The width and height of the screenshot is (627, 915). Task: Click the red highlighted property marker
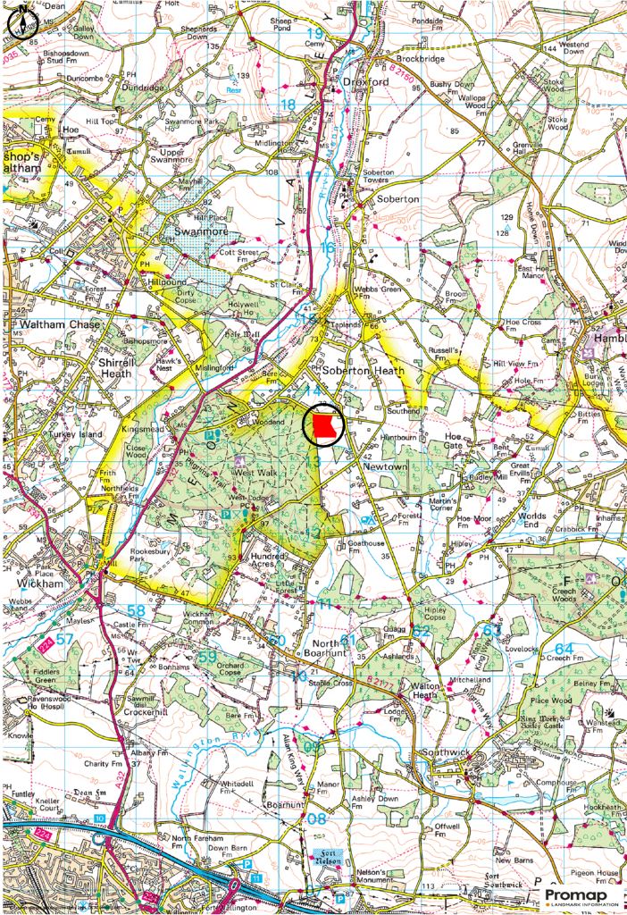[327, 424]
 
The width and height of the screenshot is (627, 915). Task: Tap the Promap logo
[576, 896]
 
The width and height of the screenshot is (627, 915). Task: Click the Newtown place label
[385, 466]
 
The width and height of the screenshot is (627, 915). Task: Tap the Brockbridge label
[420, 59]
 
